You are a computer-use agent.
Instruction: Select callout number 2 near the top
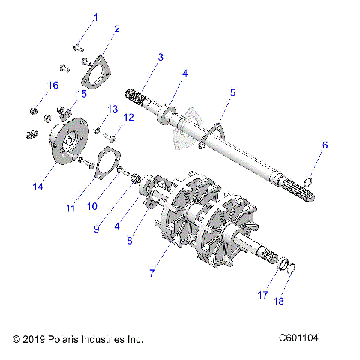point(116,29)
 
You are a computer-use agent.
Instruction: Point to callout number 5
point(232,93)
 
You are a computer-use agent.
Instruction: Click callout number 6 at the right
point(325,145)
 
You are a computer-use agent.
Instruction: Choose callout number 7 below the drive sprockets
point(151,273)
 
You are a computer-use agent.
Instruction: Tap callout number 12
point(128,117)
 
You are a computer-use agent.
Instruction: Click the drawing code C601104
point(298,338)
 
